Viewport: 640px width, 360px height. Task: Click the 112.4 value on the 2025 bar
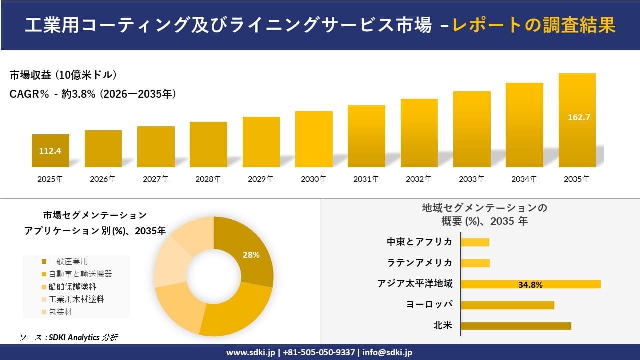click(x=50, y=151)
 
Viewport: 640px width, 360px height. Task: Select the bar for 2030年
click(x=314, y=139)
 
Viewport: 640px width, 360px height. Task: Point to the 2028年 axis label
click(x=208, y=179)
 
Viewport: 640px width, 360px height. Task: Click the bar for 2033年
click(x=472, y=129)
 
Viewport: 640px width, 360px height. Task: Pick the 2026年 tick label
click(x=103, y=179)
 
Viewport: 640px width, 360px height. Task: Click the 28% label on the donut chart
click(x=251, y=255)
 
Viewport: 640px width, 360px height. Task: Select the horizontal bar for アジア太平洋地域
click(x=530, y=284)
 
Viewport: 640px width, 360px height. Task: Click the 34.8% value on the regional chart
click(x=530, y=285)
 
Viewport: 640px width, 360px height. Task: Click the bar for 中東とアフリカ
click(x=475, y=242)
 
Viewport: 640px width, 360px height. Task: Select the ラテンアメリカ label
click(x=420, y=263)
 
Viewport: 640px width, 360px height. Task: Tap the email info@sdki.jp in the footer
click(x=387, y=352)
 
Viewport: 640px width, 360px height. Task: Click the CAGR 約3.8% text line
click(x=93, y=94)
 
